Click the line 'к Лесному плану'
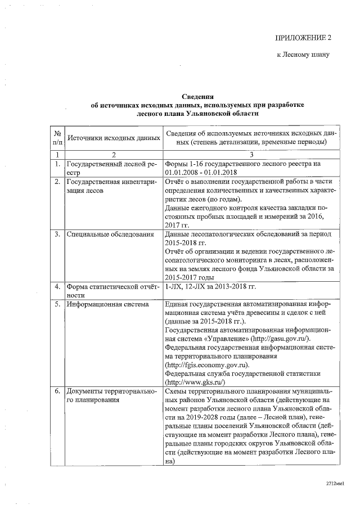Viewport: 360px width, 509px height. [302, 55]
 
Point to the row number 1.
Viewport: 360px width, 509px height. [57, 164]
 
